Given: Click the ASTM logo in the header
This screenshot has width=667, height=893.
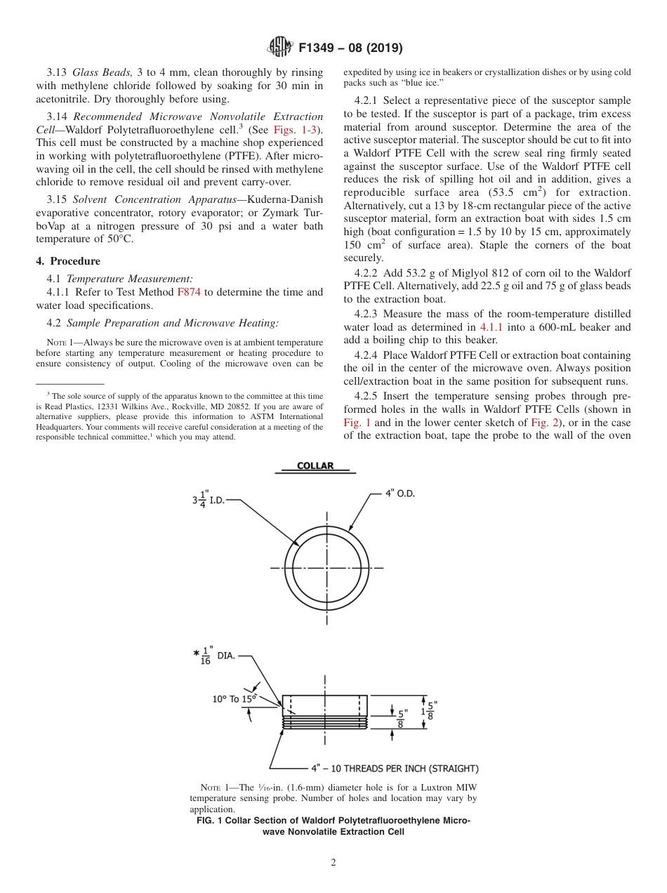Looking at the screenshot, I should (281, 48).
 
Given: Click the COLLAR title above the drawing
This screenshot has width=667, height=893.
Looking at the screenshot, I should (315, 465).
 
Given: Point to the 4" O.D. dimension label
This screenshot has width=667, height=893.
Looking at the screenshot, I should (399, 494).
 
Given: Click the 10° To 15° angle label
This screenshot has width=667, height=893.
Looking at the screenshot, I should (235, 699).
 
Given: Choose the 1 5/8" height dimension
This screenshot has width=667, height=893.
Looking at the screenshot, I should (430, 711).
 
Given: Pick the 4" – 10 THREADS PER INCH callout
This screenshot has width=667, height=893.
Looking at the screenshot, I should (395, 768).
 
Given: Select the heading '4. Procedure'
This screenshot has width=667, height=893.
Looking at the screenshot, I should (68, 261).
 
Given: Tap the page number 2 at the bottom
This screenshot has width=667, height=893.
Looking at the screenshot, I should (333, 863).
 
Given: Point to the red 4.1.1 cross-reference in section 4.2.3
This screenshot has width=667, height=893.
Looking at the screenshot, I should (491, 327).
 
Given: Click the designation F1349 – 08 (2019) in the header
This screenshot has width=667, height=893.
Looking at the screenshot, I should (350, 48).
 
